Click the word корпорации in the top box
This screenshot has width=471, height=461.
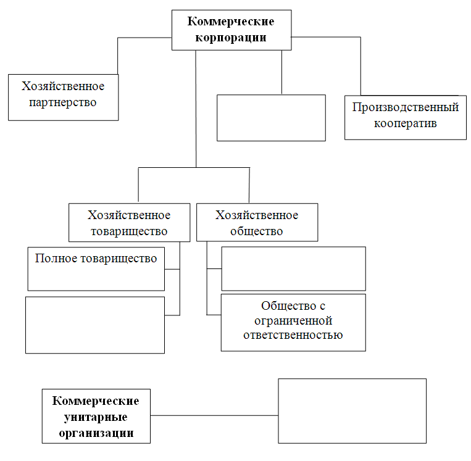pyautogui.click(x=231, y=38)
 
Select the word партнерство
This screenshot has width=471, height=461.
pyautogui.click(x=63, y=102)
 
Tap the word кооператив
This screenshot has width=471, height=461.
pyautogui.click(x=405, y=123)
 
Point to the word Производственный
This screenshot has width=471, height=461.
pyautogui.click(x=406, y=107)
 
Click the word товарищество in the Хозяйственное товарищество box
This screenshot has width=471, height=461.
pyautogui.click(x=129, y=231)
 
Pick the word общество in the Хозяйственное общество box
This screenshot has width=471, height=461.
pyautogui.click(x=257, y=231)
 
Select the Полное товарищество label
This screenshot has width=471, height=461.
pyautogui.click(x=96, y=259)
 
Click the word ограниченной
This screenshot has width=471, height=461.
pyautogui.click(x=293, y=321)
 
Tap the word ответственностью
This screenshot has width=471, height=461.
pyautogui.click(x=293, y=335)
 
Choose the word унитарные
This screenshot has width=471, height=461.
pyautogui.click(x=96, y=417)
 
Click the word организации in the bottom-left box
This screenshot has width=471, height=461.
pyautogui.click(x=96, y=433)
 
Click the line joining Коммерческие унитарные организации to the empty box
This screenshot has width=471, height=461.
pyautogui.click(x=214, y=415)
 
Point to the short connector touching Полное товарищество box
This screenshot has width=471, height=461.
pyautogui.click(x=172, y=269)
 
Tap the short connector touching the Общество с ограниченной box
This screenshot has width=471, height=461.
pyautogui.click(x=214, y=315)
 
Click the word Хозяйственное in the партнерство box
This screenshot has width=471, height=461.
pyautogui.click(x=63, y=86)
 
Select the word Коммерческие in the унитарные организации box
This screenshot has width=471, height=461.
pyautogui.click(x=96, y=401)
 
